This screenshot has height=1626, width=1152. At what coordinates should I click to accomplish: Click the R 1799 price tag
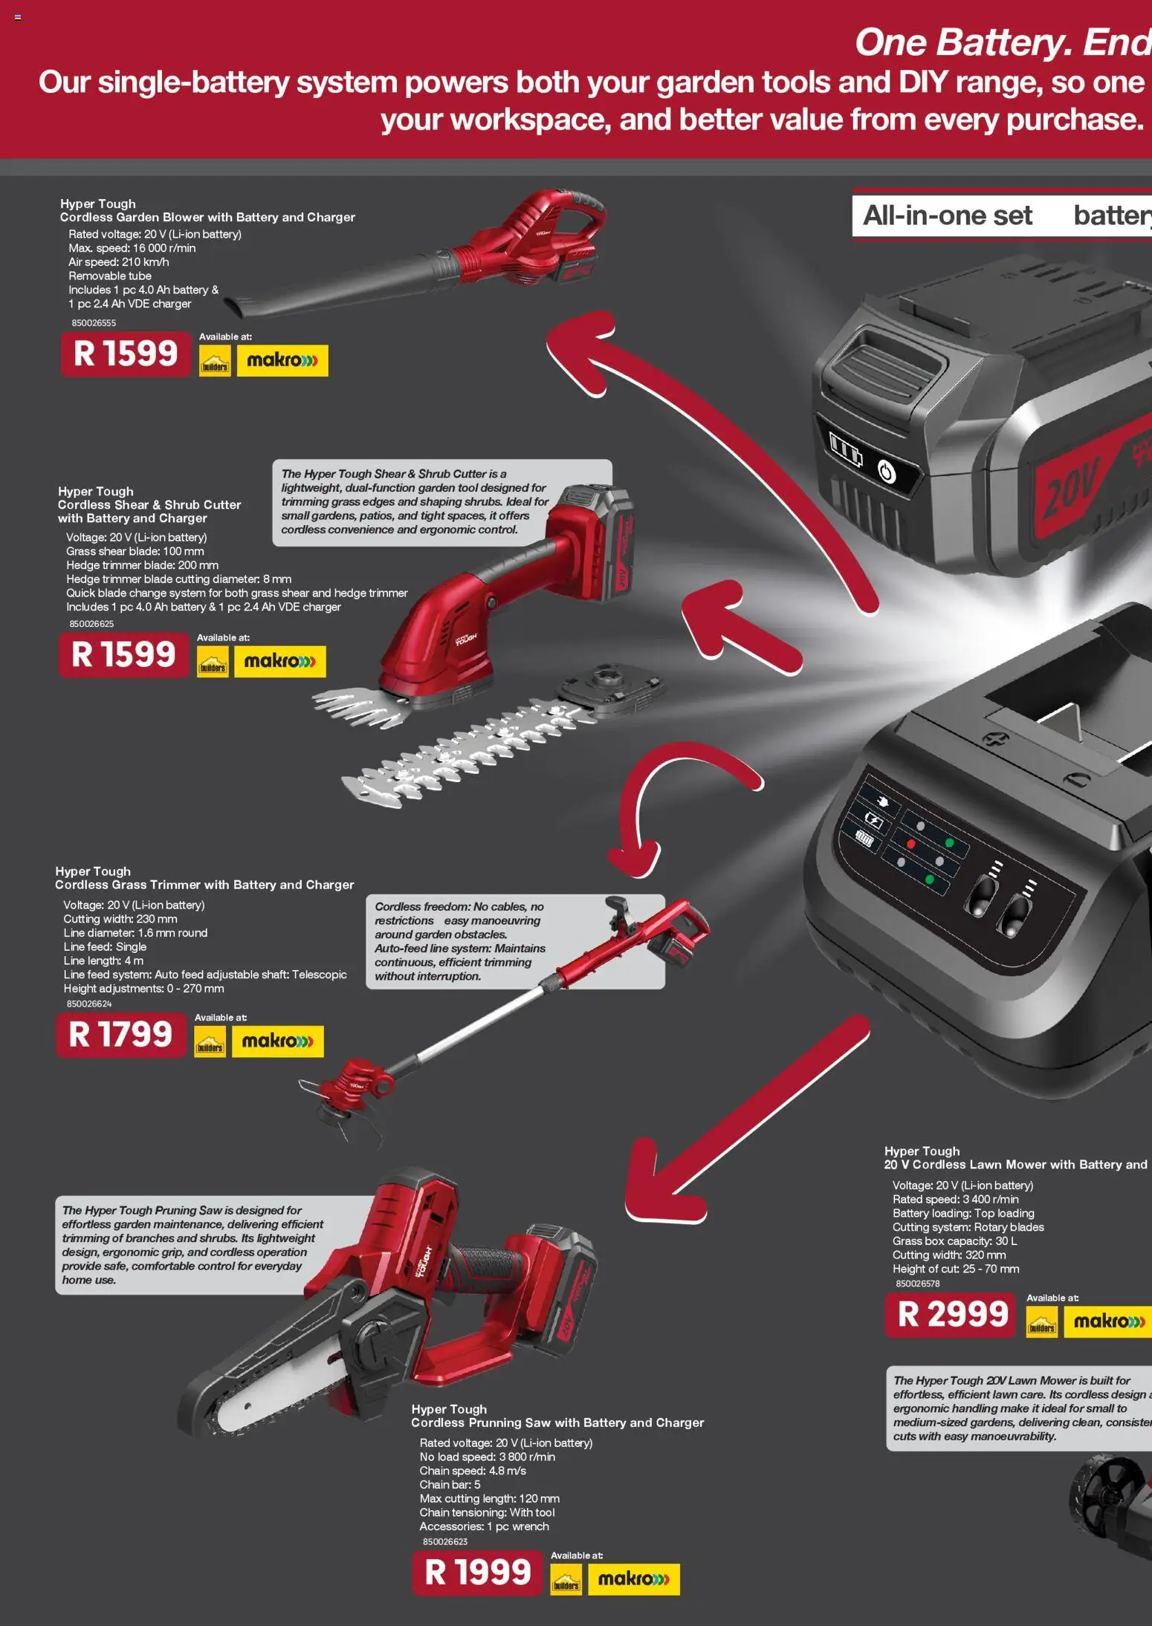click(x=120, y=1034)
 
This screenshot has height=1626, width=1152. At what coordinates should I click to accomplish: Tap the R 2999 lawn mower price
click(x=952, y=1314)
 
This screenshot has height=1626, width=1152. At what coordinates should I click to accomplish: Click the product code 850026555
click(x=94, y=323)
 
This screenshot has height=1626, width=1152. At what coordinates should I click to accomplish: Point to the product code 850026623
click(x=445, y=1541)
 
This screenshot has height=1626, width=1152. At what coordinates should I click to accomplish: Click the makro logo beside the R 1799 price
click(x=277, y=1041)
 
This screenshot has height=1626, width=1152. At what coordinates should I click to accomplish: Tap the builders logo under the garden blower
click(x=215, y=362)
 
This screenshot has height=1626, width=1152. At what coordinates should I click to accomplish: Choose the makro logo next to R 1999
click(x=633, y=1578)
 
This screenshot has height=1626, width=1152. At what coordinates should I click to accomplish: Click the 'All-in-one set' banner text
click(x=947, y=215)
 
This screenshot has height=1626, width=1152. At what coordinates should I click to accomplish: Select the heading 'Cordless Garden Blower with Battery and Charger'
click(x=207, y=217)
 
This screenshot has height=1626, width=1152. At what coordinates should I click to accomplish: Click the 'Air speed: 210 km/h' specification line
click(x=119, y=262)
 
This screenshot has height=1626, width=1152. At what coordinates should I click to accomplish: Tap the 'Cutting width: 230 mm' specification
click(x=120, y=919)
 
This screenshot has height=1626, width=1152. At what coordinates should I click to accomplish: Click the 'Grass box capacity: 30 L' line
click(x=954, y=1241)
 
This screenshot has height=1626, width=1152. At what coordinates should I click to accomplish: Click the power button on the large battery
click(x=887, y=472)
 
